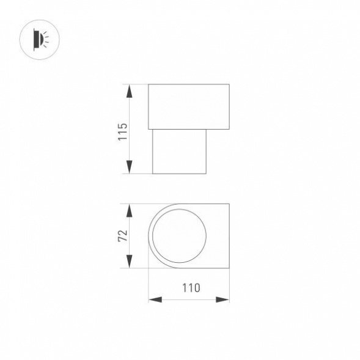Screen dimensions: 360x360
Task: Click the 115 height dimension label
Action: (x=122, y=132)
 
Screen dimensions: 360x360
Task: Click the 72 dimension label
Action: (x=123, y=235)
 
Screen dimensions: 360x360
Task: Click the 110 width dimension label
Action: (x=191, y=288)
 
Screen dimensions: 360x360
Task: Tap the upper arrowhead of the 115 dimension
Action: (x=130, y=91)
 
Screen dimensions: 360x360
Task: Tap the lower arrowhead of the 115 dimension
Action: (x=130, y=167)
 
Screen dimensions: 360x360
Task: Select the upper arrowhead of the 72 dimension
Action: (x=130, y=210)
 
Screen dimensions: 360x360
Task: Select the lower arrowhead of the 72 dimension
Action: (x=130, y=261)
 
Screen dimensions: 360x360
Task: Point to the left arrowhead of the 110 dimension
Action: (x=155, y=299)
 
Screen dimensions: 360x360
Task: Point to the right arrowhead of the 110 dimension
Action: (x=222, y=299)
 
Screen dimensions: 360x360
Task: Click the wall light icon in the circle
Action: (x=41, y=40)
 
